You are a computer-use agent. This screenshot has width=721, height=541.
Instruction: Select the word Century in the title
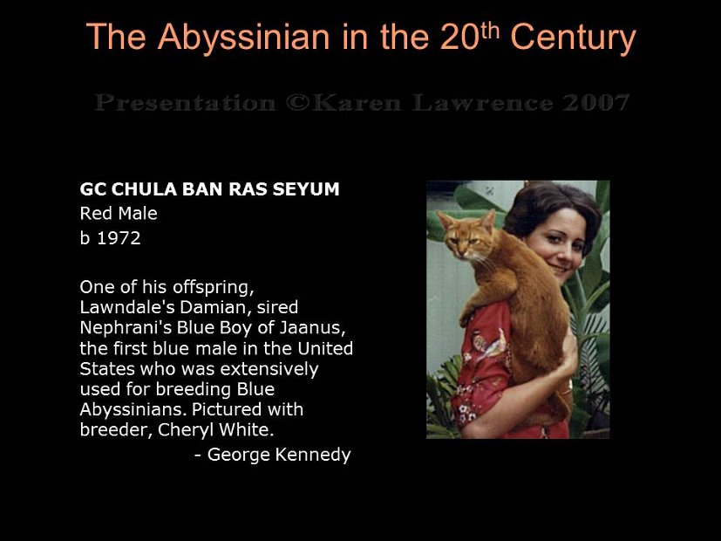[573, 38]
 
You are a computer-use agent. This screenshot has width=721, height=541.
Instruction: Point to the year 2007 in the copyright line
[595, 103]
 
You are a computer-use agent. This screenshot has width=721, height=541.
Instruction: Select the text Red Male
[119, 212]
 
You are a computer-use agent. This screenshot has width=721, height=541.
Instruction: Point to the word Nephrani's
[120, 327]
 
